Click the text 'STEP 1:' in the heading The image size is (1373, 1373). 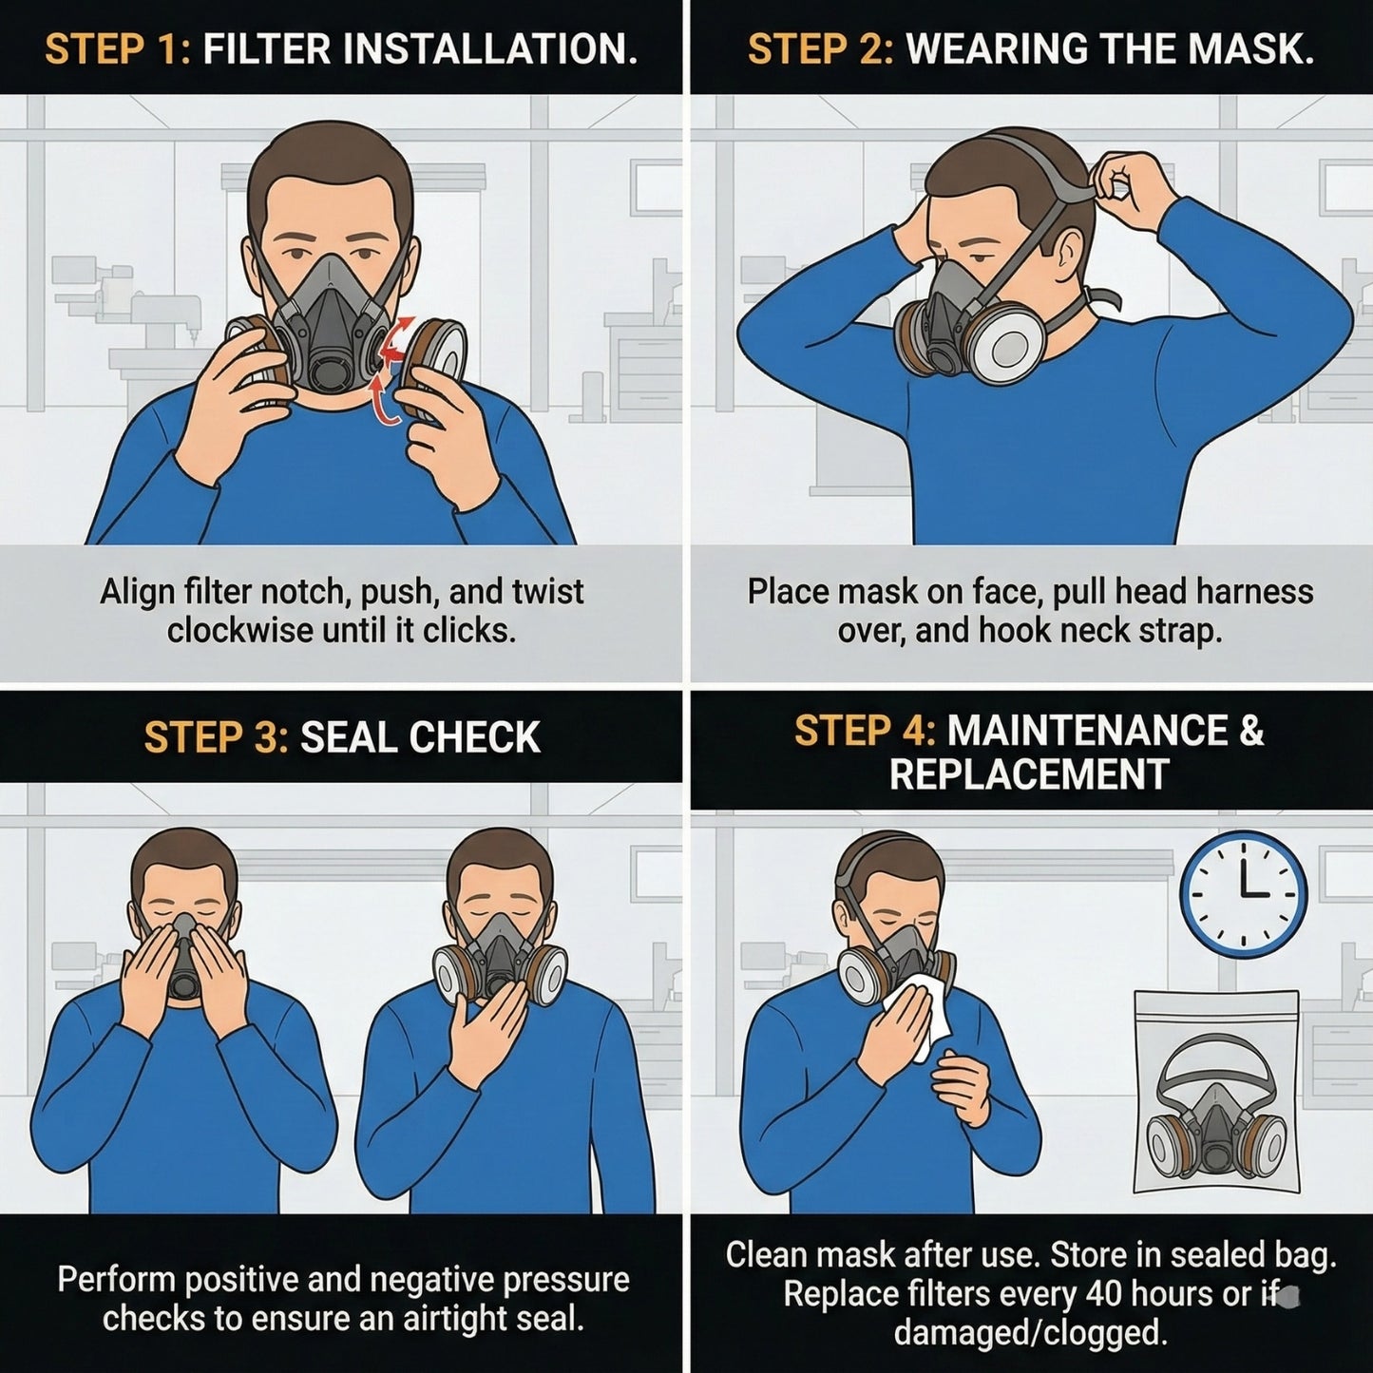(118, 49)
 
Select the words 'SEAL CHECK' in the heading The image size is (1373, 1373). (420, 738)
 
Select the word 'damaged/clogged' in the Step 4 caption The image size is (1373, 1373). (1030, 1333)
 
